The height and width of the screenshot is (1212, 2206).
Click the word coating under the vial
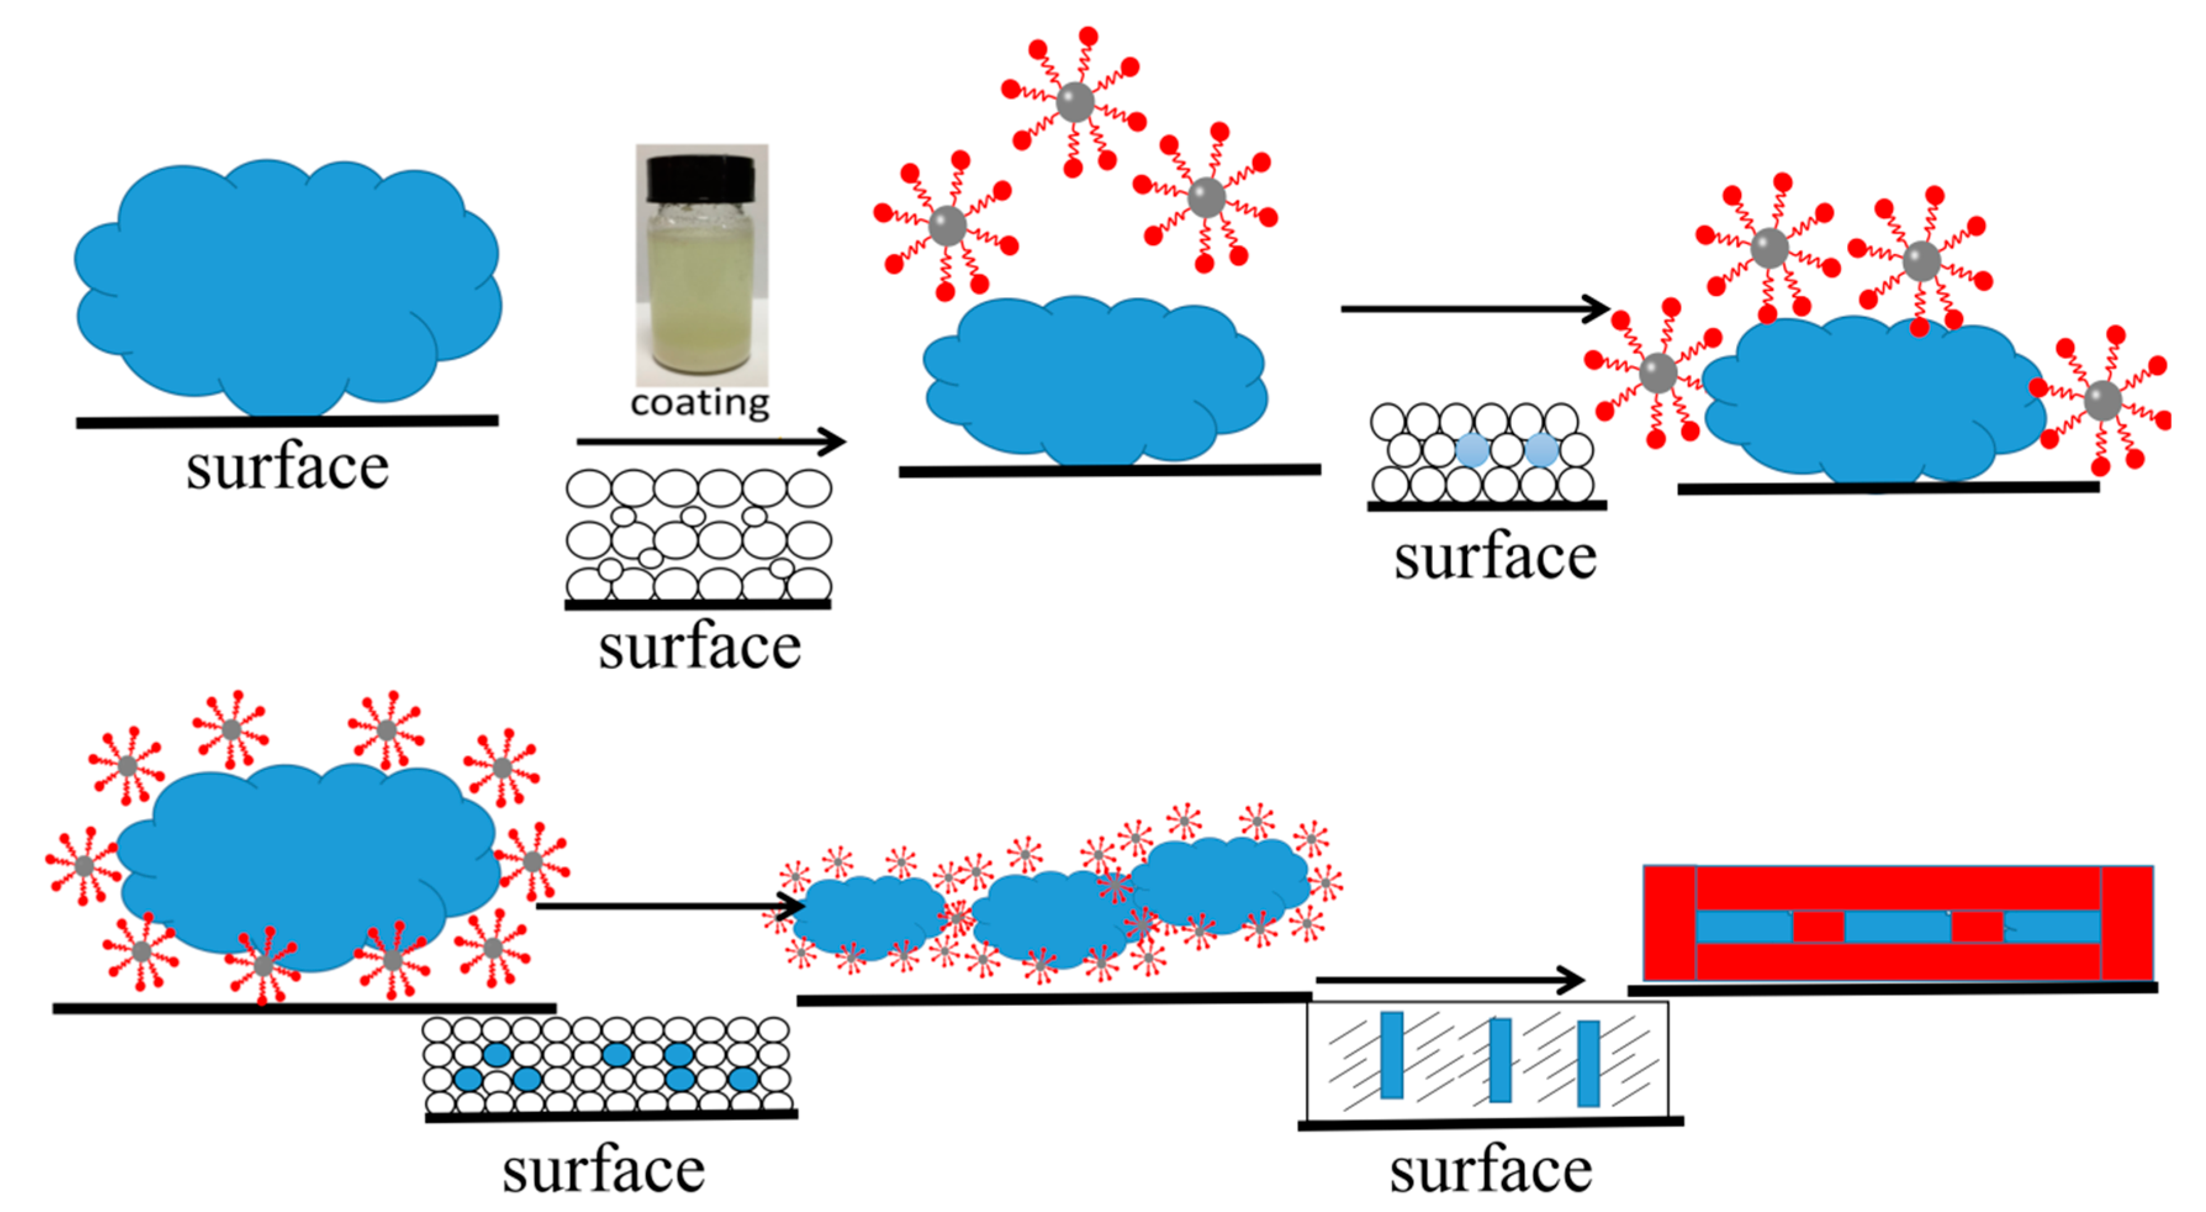[x=700, y=403]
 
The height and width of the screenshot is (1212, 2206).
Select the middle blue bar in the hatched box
[x=1500, y=1060]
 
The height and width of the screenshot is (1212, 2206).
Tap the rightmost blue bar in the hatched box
[x=1589, y=1063]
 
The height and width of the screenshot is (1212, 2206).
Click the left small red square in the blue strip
[x=1818, y=927]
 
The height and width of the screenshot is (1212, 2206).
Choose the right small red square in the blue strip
[x=1977, y=927]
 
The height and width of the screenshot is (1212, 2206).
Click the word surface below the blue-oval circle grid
[x=604, y=1171]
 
